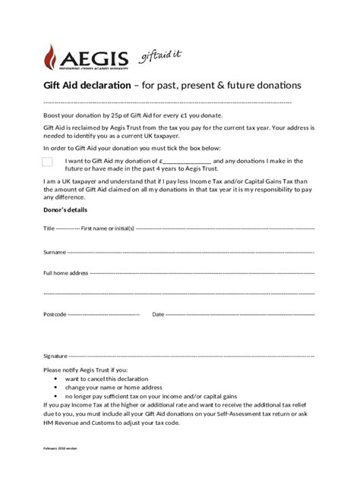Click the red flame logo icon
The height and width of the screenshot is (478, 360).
tap(52, 57)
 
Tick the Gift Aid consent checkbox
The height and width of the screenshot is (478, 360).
tap(48, 162)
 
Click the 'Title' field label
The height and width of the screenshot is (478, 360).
tap(49, 228)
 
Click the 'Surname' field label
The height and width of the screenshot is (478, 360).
tap(54, 251)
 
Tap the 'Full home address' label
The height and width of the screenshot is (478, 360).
tap(66, 272)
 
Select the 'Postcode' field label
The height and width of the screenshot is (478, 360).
tap(55, 314)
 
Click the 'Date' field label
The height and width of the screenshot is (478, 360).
tap(158, 314)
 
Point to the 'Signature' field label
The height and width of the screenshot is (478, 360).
tap(55, 355)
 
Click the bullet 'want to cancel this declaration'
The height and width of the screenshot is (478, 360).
tap(106, 378)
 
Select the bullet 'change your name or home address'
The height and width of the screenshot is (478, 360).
tap(113, 387)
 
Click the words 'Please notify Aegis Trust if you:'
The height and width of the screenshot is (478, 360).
tap(87, 369)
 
